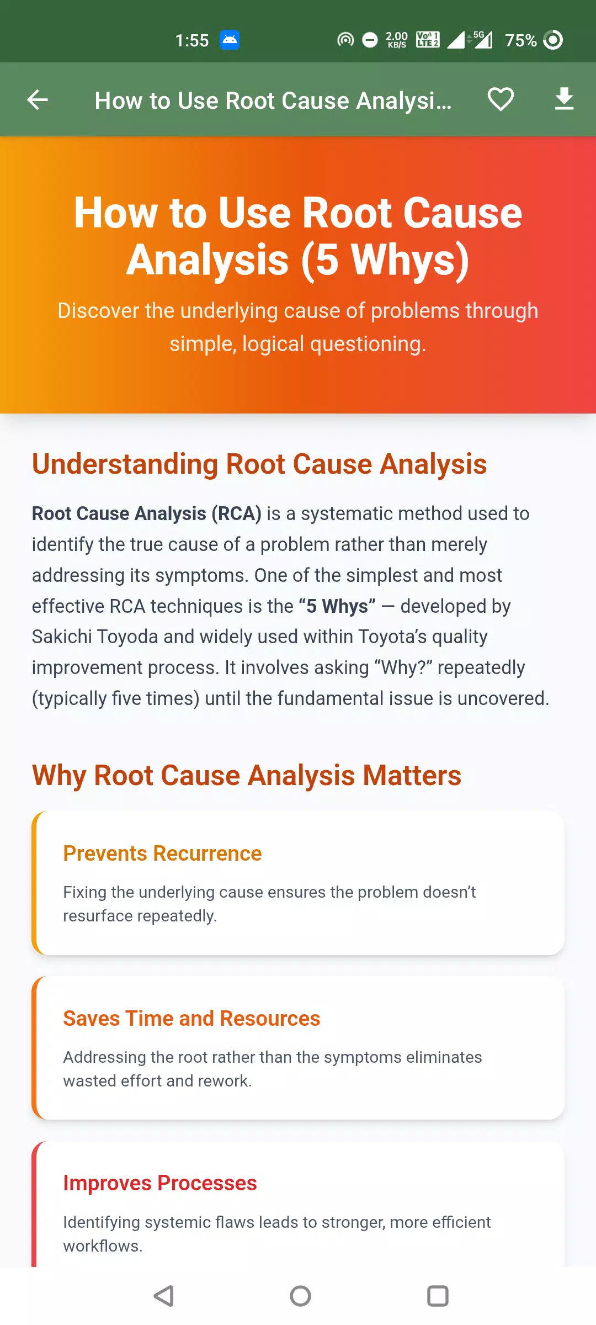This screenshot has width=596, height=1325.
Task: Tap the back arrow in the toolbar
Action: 38,100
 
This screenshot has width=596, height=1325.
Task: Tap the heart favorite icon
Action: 501,100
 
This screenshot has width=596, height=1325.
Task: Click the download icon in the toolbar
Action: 564,99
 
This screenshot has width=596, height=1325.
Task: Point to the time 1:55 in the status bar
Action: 192,40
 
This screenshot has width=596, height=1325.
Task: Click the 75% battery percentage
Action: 521,40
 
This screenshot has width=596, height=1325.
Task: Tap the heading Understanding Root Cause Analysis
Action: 259,464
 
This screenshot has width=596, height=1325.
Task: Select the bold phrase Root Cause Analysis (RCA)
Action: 147,513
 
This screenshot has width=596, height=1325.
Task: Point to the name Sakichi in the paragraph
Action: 62,637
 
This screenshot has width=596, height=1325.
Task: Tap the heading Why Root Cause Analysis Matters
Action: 247,775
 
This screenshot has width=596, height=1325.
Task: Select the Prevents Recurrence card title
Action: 162,854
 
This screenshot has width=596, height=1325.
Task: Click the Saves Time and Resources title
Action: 191,1019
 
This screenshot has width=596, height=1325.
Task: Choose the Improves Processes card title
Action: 160,1183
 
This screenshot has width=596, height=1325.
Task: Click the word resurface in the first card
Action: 98,916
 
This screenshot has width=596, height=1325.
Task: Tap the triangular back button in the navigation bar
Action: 163,1296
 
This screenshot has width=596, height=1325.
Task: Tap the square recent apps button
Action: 438,1296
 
